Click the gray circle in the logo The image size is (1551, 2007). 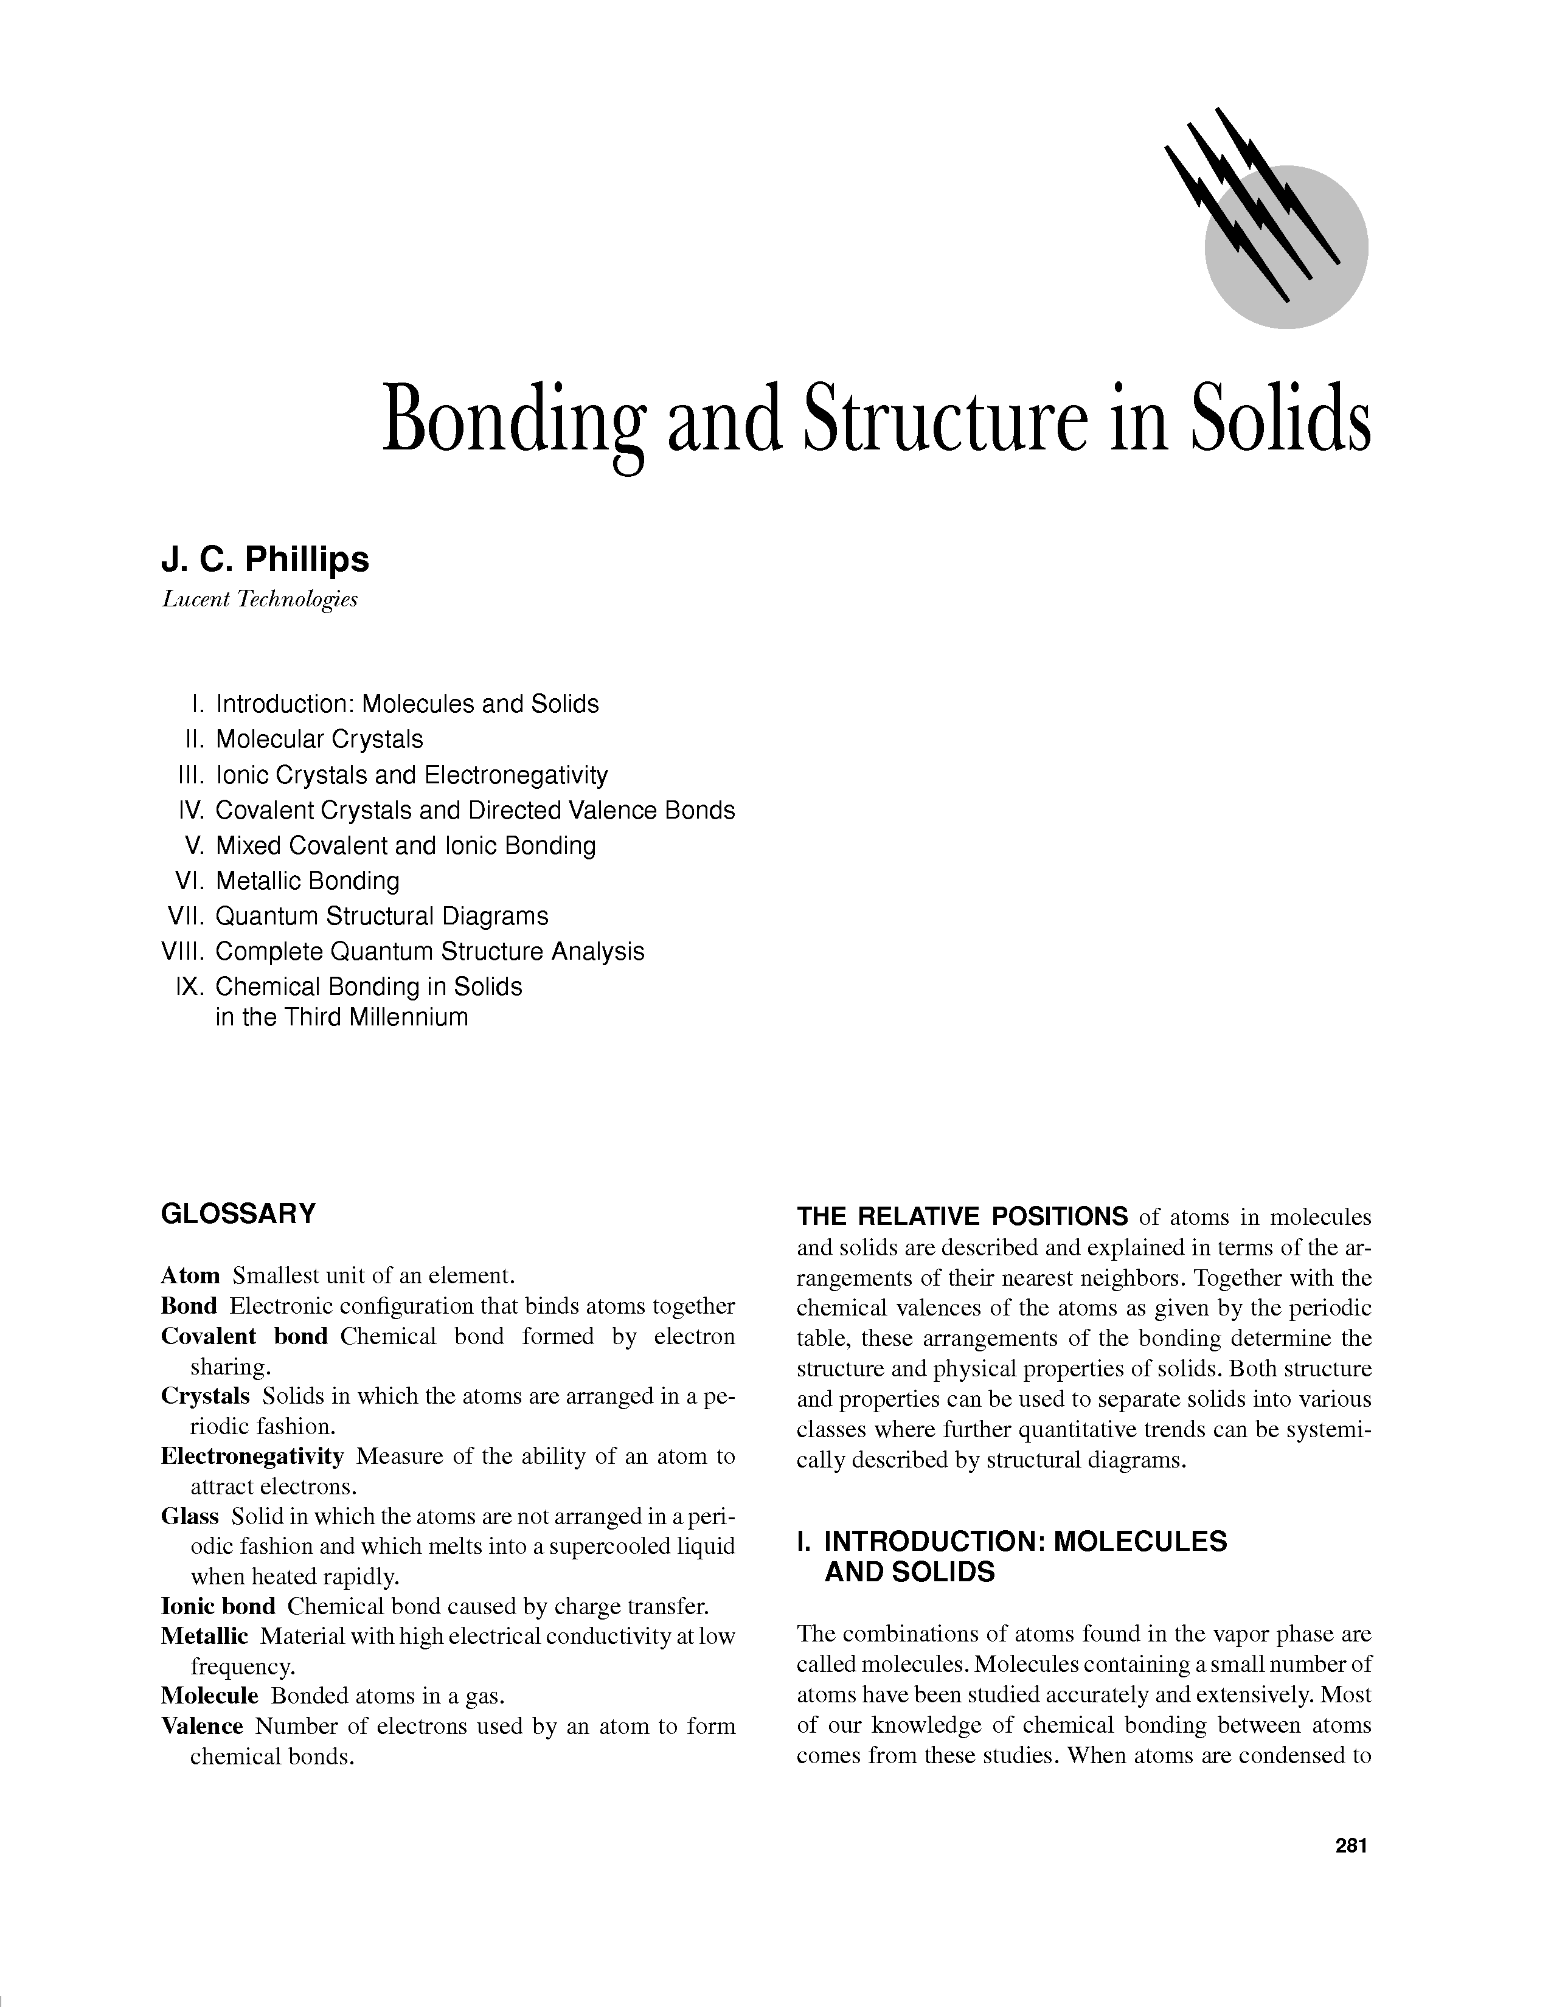[1305, 276]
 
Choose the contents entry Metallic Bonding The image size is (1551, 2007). [307, 881]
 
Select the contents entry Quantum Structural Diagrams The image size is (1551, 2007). [381, 916]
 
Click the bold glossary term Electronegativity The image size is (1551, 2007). [252, 1457]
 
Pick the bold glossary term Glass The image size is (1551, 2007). [189, 1516]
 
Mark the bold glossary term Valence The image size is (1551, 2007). [201, 1726]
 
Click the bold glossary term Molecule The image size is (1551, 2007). [209, 1696]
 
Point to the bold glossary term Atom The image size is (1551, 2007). [190, 1275]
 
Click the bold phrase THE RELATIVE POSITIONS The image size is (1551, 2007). [962, 1217]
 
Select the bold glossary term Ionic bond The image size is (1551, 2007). [218, 1606]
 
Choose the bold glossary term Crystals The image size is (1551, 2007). [205, 1396]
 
